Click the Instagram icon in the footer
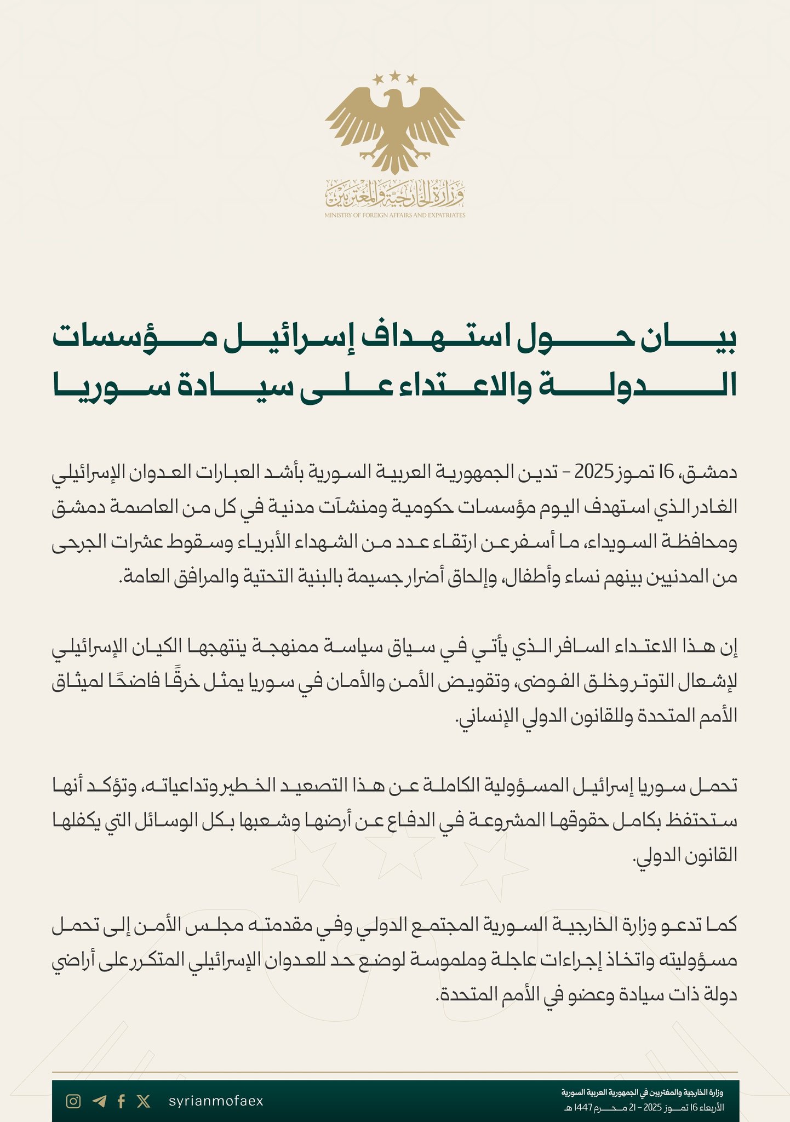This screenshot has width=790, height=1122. pos(73,1101)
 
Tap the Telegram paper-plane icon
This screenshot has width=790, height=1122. pos(99,1101)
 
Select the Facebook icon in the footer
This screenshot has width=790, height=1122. pos(122,1101)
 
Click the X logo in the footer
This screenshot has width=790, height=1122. pos(144,1101)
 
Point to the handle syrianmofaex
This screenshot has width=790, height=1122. pos(216,1101)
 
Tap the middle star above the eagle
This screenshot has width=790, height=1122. pos(395,75)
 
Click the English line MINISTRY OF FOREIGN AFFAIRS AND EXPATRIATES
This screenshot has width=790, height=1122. pos(394,215)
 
